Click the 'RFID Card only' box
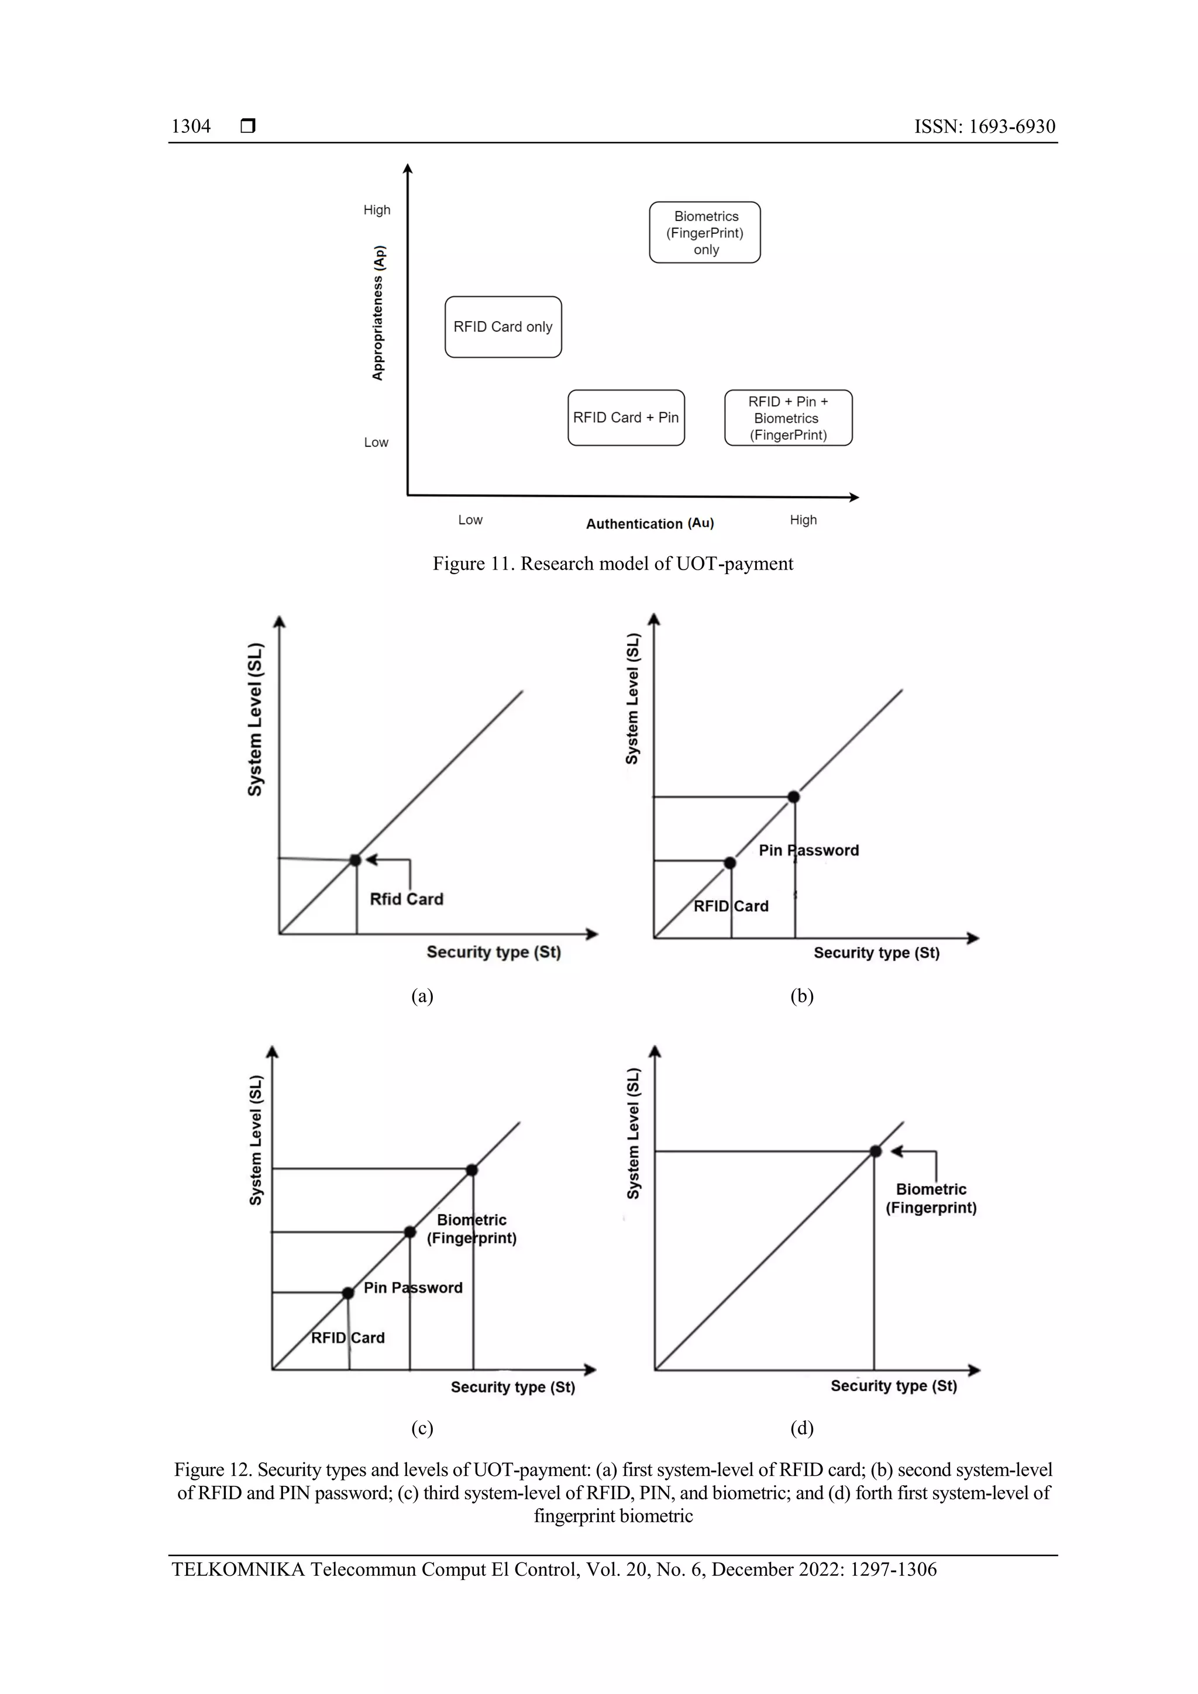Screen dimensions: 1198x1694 [502, 327]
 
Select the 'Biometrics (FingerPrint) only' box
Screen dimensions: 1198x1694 [705, 232]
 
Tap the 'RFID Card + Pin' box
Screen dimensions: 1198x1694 [626, 418]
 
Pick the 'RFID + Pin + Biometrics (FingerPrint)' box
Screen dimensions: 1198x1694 [789, 418]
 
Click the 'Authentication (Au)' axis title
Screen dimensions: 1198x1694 [649, 523]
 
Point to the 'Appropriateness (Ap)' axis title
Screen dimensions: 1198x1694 [378, 313]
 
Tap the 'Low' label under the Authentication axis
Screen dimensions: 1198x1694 [470, 519]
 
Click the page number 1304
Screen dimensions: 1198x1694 [191, 126]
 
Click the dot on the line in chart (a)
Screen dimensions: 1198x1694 [355, 860]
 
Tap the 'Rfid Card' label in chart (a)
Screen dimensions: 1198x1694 [407, 899]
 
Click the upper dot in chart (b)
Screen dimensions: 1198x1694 [794, 797]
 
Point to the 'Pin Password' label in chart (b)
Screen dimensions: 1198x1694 [809, 850]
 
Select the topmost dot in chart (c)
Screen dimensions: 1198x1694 [471, 1170]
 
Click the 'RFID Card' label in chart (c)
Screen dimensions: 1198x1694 [347, 1338]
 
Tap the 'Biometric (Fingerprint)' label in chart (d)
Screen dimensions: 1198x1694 [931, 1198]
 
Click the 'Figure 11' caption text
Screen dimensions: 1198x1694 [612, 564]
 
